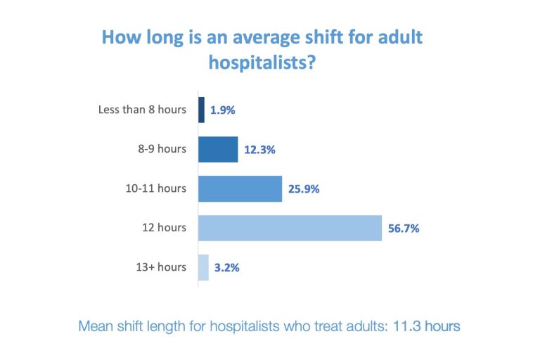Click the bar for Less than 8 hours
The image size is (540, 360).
click(201, 110)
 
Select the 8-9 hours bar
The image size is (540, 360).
click(218, 149)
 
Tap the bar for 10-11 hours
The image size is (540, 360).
click(240, 188)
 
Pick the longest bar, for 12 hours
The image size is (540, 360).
click(290, 228)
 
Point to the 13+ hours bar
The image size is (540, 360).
click(203, 267)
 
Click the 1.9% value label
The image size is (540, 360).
click(222, 110)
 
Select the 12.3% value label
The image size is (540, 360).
click(261, 150)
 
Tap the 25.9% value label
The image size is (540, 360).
click(305, 189)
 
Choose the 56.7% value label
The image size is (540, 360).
click(404, 229)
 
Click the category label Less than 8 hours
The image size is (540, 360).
click(143, 110)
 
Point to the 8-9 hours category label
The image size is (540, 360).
click(162, 149)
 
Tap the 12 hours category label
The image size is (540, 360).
click(167, 228)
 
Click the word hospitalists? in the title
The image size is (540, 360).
click(261, 63)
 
